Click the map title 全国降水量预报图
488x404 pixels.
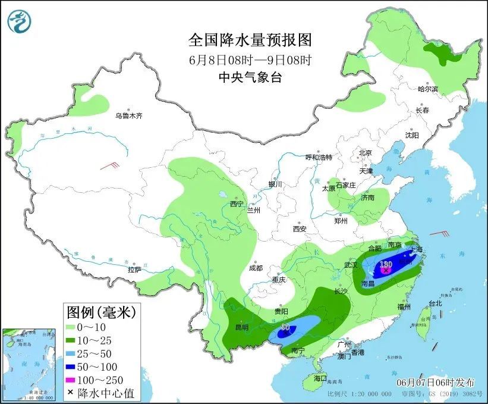point(250,40)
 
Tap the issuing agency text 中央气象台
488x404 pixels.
point(250,77)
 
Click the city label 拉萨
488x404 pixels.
point(134,270)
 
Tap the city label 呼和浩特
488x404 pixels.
point(319,157)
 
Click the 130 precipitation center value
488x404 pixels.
point(386,264)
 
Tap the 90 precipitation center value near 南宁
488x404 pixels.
point(285,327)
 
